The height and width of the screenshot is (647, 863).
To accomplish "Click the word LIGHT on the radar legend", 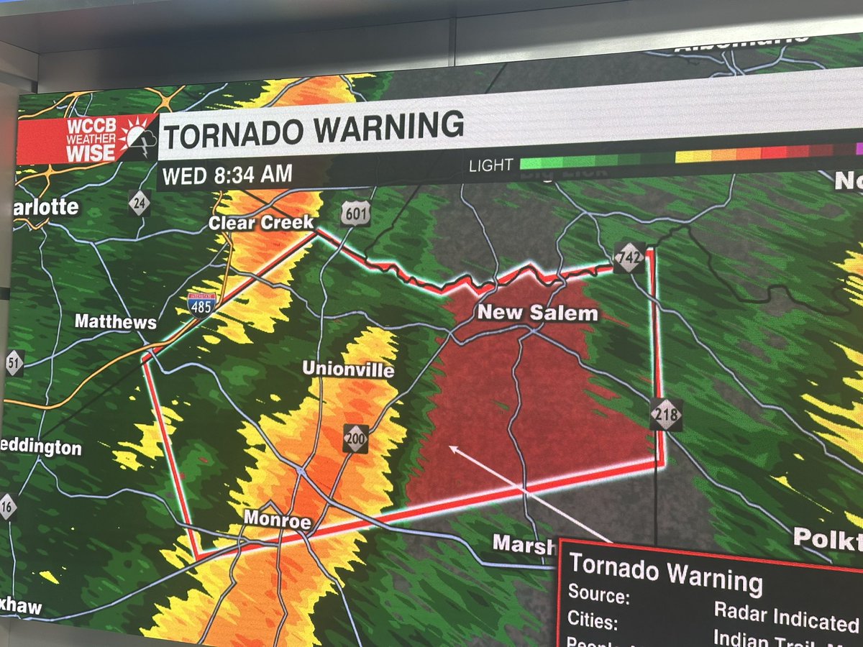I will pos(490,166).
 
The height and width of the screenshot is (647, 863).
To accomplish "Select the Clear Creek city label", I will pos(261,223).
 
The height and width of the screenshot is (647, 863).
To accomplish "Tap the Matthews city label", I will pos(115,321).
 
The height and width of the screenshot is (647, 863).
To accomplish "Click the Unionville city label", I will pos(348,369).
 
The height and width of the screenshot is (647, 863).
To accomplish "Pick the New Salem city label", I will pos(537,313).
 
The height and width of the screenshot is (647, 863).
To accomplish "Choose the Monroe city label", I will pos(277,518).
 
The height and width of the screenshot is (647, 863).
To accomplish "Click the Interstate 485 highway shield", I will pos(201,305).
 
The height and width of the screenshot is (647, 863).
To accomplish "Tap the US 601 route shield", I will pos(355,214).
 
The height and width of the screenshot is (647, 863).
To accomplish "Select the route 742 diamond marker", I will pos(629,257).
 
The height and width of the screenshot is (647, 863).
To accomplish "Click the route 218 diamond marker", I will pos(666,415).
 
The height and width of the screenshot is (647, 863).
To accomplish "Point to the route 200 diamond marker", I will pos(355,439).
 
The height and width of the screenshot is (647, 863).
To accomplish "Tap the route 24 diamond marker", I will pos(140,203).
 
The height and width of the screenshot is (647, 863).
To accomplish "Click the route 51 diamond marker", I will pos(14,362).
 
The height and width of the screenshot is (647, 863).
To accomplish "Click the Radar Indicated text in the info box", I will pos(786,618).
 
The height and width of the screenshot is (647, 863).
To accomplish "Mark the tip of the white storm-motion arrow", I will pos(450,447).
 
